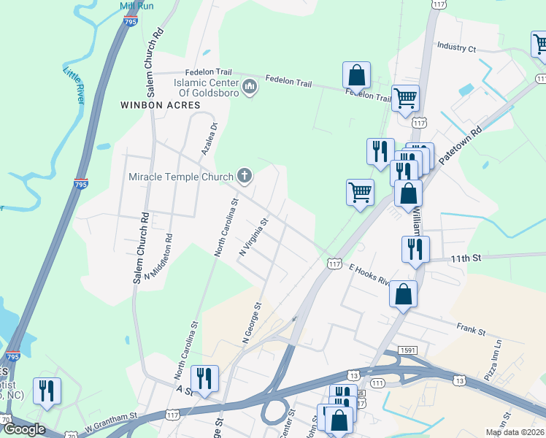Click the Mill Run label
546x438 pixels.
tap(136, 5)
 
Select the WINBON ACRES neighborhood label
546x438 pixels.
tap(160, 105)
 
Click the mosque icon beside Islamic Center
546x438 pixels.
tap(250, 87)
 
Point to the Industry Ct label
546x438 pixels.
tap(456, 47)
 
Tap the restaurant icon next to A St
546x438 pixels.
tap(204, 378)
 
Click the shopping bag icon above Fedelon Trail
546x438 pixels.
tap(356, 74)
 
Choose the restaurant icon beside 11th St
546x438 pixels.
tap(415, 248)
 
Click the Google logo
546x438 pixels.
tap(24, 429)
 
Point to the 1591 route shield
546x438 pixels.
tap(407, 352)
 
